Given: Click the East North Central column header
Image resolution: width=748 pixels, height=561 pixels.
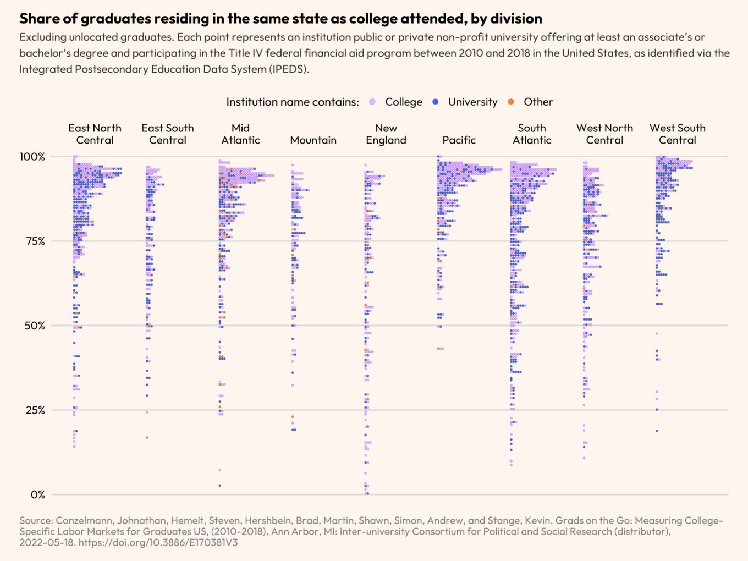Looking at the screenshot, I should click(95, 134).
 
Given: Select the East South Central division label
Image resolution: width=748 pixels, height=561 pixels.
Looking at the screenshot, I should click(168, 134).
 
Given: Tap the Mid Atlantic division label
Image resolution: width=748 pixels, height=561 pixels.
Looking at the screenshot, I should click(240, 134).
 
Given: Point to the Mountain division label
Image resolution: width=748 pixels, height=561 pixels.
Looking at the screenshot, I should click(313, 140).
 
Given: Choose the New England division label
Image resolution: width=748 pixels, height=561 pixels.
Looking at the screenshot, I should click(386, 134).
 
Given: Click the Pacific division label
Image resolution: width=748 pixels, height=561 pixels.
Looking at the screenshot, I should click(459, 140).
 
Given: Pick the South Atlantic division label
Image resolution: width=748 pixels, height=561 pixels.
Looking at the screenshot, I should click(532, 134).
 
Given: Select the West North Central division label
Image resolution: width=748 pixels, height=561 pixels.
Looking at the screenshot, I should click(604, 134).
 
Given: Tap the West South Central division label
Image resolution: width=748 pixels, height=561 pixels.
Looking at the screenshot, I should click(678, 134).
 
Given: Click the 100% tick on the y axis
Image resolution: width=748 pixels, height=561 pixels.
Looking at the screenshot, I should click(32, 157).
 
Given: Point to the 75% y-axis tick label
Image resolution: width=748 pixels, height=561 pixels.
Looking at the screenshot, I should click(35, 241).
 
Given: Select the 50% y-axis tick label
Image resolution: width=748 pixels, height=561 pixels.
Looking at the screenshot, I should click(35, 326).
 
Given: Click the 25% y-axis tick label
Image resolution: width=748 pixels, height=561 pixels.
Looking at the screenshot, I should click(35, 410).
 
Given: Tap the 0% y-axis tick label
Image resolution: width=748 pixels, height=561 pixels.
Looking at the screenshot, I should click(38, 495).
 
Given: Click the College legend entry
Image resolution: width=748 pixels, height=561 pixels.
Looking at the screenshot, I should click(403, 102).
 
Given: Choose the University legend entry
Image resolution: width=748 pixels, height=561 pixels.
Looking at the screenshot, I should click(472, 102).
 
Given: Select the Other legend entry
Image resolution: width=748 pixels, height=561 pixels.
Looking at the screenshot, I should click(538, 102).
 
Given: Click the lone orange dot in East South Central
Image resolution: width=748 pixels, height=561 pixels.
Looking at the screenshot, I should click(147, 438).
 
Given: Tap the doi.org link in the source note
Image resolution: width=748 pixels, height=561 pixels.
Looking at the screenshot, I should click(158, 543).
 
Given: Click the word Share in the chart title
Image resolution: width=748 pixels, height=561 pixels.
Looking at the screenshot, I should click(39, 19).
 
